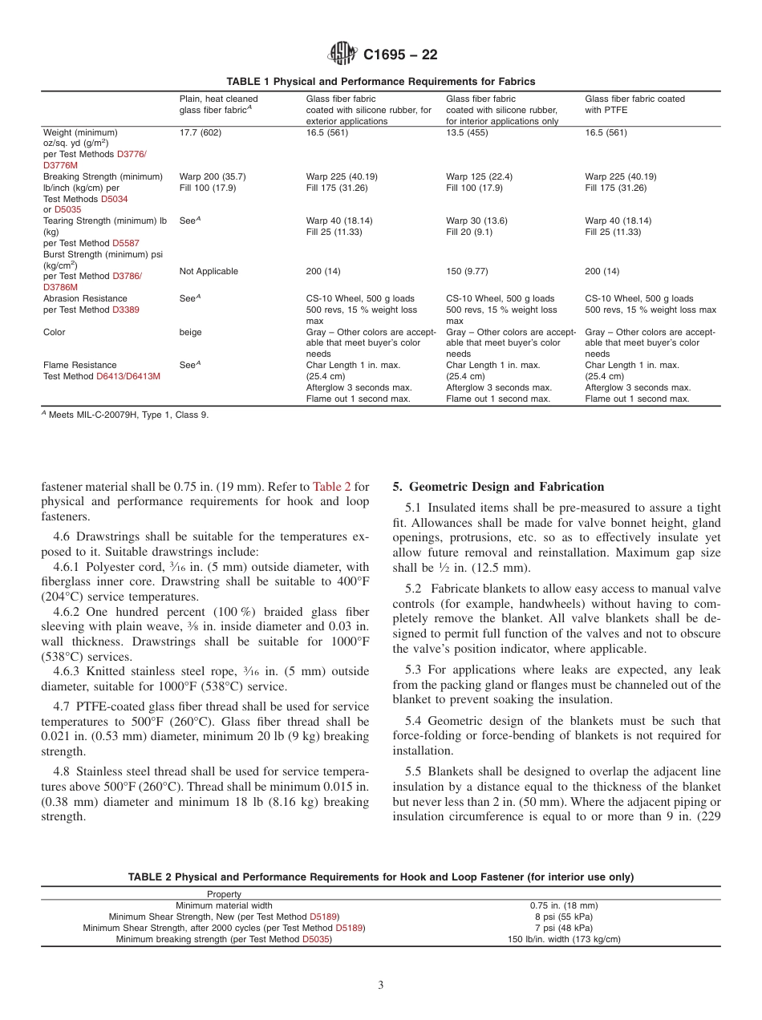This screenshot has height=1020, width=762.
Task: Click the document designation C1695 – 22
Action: (x=399, y=55)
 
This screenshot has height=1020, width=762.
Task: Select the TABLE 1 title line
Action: (x=380, y=82)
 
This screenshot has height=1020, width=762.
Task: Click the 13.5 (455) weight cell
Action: (x=468, y=132)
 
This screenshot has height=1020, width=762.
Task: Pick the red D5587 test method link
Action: (x=125, y=243)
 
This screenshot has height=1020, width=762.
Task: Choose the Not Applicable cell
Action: (x=209, y=271)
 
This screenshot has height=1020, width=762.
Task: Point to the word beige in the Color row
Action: (x=190, y=332)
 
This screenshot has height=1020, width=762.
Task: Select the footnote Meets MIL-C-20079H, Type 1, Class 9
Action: (x=128, y=415)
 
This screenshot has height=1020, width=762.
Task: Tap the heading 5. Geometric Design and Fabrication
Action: (x=498, y=487)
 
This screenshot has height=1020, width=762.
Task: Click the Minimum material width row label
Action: (x=224, y=905)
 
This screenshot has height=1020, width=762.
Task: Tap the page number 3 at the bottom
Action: (x=380, y=986)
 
